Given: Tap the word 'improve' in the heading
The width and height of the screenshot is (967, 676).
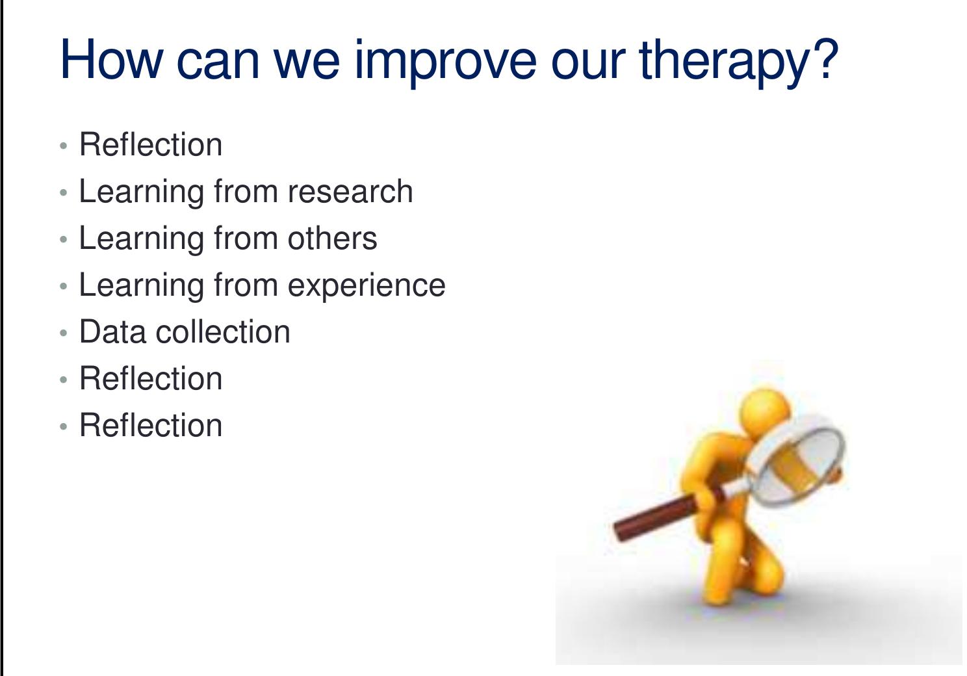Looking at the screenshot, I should point(445,60).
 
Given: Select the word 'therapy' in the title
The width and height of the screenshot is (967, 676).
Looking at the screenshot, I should point(723,60).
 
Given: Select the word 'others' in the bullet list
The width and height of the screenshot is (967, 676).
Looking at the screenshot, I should point(332,239).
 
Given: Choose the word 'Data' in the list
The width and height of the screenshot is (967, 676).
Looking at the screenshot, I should point(112,332).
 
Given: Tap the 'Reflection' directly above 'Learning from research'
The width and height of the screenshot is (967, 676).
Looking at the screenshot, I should point(151,145).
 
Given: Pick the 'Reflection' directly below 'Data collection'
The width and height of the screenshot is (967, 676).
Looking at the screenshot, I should point(151,379).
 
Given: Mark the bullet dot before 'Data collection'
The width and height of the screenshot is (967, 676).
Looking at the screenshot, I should point(63,333).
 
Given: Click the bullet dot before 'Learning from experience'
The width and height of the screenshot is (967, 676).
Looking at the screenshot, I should point(63,287).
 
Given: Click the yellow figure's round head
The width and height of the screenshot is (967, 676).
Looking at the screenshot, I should point(766,412).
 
